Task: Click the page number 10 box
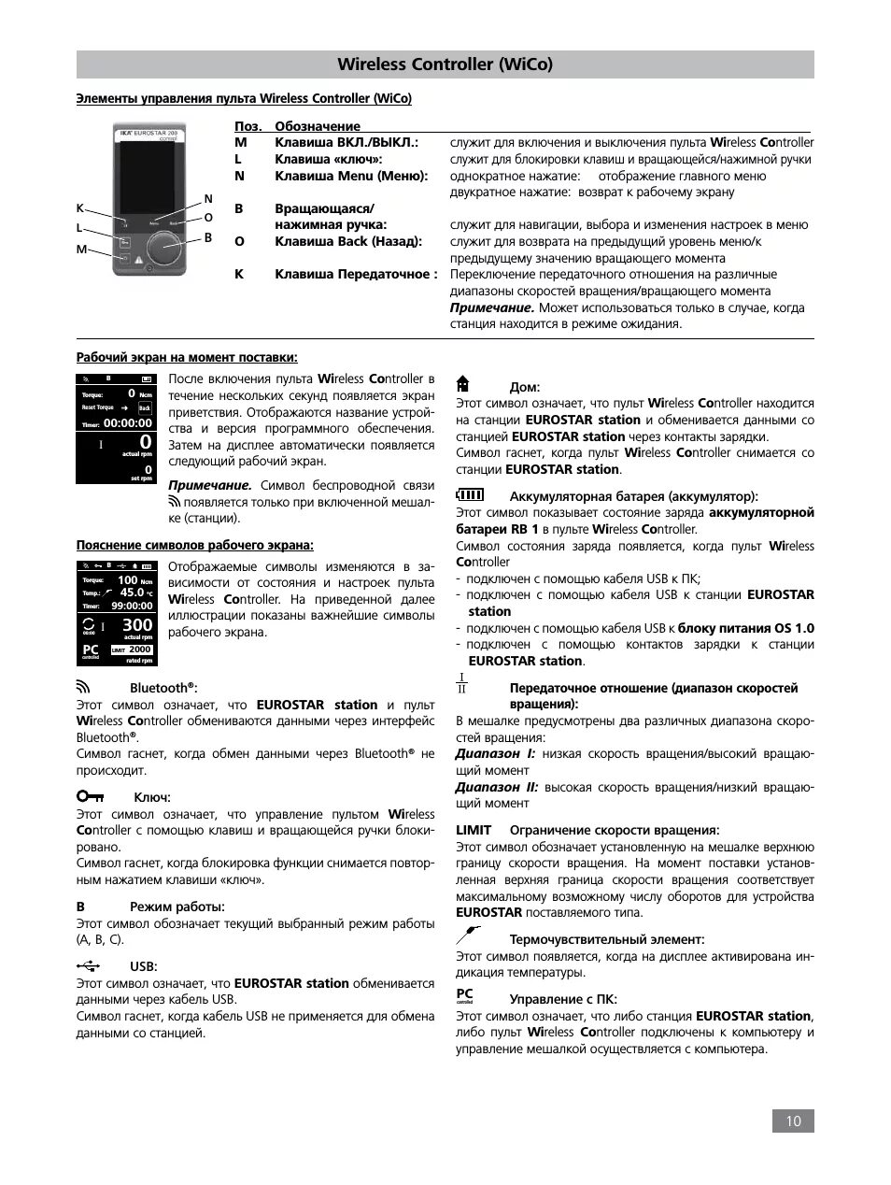click(x=793, y=1121)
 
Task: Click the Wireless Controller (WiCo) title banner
click(x=445, y=64)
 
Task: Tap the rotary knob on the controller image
click(x=166, y=248)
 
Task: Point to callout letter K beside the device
click(x=80, y=208)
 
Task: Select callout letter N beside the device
click(x=208, y=199)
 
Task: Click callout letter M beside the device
click(x=81, y=250)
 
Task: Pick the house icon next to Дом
click(x=462, y=384)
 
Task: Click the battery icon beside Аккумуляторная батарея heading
click(x=470, y=494)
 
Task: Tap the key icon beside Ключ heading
click(x=92, y=796)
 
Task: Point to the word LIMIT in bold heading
click(x=474, y=830)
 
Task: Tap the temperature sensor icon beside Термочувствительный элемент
click(x=468, y=935)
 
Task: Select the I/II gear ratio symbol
click(x=461, y=683)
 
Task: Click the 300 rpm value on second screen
click(x=136, y=624)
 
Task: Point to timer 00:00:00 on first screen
click(x=127, y=423)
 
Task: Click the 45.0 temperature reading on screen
click(x=132, y=592)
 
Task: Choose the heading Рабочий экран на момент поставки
click(x=187, y=357)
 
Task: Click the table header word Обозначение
click(x=317, y=126)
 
